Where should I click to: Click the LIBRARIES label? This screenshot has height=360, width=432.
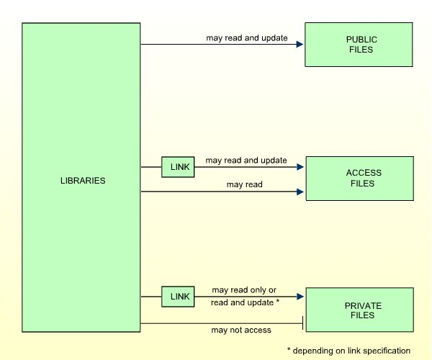pyautogui.click(x=82, y=180)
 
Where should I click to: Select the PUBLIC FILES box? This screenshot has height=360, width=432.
pyautogui.click(x=359, y=45)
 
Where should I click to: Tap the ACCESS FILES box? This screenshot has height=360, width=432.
pyautogui.click(x=359, y=178)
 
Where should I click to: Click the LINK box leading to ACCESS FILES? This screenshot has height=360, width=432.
pyautogui.click(x=178, y=167)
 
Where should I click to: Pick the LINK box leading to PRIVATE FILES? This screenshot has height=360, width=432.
pyautogui.click(x=178, y=296)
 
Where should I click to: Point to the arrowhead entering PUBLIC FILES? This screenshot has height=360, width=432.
pyautogui.click(x=300, y=45)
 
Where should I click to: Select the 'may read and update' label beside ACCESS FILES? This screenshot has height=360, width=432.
pyautogui.click(x=246, y=160)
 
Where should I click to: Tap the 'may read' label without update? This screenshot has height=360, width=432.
pyautogui.click(x=244, y=184)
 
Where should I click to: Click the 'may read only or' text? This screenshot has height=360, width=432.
pyautogui.click(x=244, y=290)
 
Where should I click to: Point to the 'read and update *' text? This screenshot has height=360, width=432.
pyautogui.click(x=245, y=302)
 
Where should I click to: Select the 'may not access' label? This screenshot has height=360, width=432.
pyautogui.click(x=240, y=330)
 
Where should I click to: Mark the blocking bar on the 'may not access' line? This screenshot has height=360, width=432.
pyautogui.click(x=302, y=323)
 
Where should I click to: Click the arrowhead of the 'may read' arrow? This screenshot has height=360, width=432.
pyautogui.click(x=300, y=192)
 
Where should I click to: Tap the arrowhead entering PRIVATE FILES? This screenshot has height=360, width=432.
pyautogui.click(x=300, y=296)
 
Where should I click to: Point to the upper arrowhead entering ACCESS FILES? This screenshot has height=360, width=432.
pyautogui.click(x=300, y=167)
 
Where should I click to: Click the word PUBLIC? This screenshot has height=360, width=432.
pyautogui.click(x=359, y=40)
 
